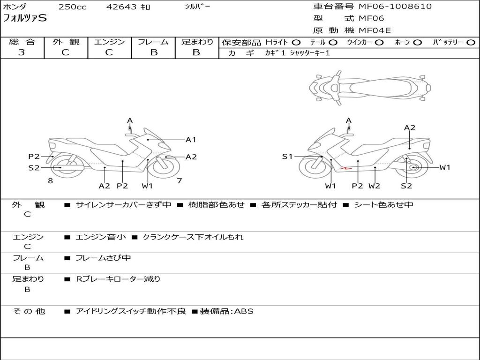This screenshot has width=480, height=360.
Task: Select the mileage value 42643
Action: (121, 7)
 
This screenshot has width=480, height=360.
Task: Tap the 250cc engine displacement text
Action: (72, 7)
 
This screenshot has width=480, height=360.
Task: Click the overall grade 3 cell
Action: (22, 52)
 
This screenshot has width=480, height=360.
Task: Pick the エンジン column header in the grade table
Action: (109, 42)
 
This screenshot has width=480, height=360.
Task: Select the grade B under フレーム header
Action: (154, 52)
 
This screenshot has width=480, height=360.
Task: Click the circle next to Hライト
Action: (296, 42)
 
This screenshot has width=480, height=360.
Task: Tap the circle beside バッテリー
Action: (471, 42)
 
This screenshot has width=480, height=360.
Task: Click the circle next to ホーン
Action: (418, 42)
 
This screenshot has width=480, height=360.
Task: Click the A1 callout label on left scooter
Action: (191, 140)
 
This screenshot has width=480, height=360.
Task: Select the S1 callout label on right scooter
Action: (287, 157)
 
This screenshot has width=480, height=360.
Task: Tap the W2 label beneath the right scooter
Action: (374, 186)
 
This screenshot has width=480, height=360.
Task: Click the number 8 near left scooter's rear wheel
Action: (50, 180)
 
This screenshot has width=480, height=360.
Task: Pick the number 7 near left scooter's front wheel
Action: (179, 180)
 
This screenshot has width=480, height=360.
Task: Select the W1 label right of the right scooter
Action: (444, 167)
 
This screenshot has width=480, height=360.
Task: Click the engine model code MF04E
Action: (375, 30)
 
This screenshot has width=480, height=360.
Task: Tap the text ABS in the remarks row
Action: (244, 311)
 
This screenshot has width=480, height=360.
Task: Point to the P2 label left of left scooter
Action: (34, 157)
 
